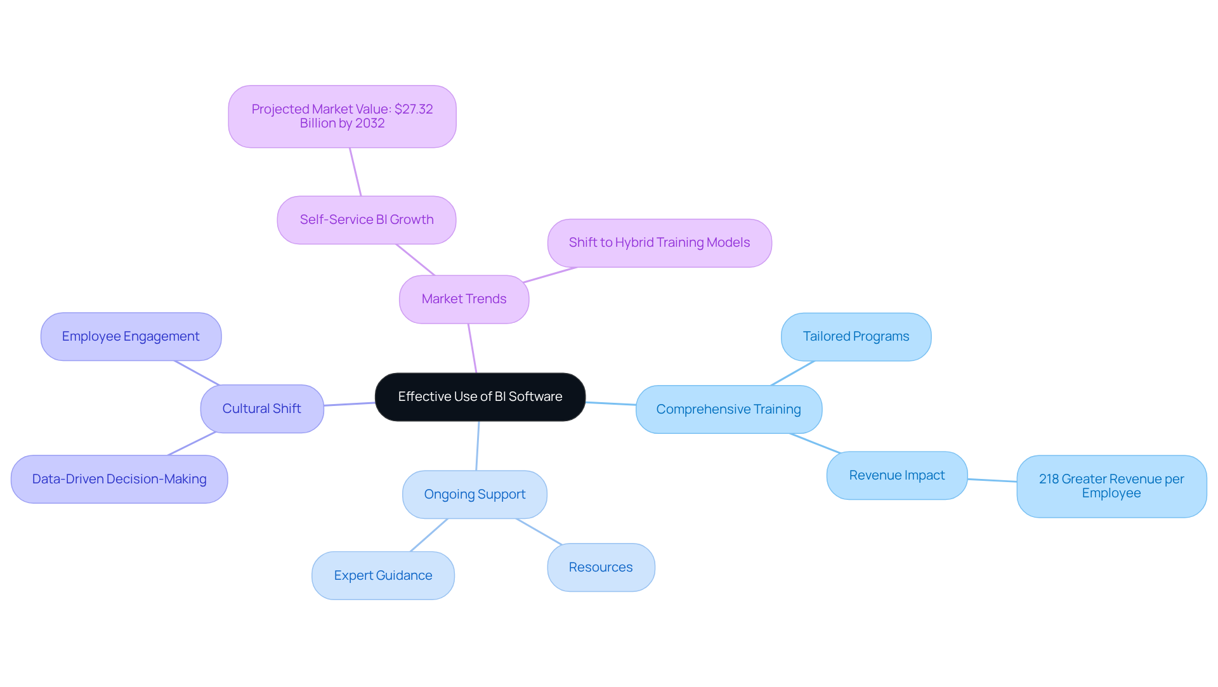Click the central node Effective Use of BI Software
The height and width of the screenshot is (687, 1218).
pyautogui.click(x=480, y=397)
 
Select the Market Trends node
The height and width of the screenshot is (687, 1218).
pyautogui.click(x=464, y=299)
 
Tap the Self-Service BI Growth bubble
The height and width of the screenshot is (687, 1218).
pyautogui.click(x=366, y=220)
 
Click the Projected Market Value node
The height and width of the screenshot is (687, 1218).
pyautogui.click(x=342, y=117)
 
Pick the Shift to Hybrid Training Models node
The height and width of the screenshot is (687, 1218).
pyautogui.click(x=659, y=243)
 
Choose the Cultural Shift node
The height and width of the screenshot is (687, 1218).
pyautogui.click(x=261, y=409)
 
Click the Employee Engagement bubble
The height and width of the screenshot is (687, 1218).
pyautogui.click(x=131, y=337)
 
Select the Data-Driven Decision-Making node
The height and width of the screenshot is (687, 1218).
pyautogui.click(x=119, y=480)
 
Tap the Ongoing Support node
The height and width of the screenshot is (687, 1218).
pyautogui.click(x=475, y=495)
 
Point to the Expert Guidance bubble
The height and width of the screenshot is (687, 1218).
pyautogui.click(x=383, y=576)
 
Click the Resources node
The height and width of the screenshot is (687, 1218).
pyautogui.click(x=601, y=568)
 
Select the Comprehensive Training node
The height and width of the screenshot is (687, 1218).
pyautogui.click(x=728, y=410)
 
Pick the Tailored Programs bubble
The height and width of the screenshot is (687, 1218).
pyautogui.click(x=856, y=337)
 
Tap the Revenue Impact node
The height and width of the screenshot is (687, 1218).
pyautogui.click(x=896, y=476)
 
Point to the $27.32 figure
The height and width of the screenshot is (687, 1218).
pyautogui.click(x=414, y=109)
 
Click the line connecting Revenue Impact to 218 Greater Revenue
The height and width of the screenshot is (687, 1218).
pyautogui.click(x=992, y=480)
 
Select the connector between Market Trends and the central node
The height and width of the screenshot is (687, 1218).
pyautogui.click(x=472, y=348)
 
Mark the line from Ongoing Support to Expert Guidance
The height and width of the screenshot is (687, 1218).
pyautogui.click(x=429, y=535)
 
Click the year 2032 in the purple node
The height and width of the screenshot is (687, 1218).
pyautogui.click(x=370, y=124)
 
